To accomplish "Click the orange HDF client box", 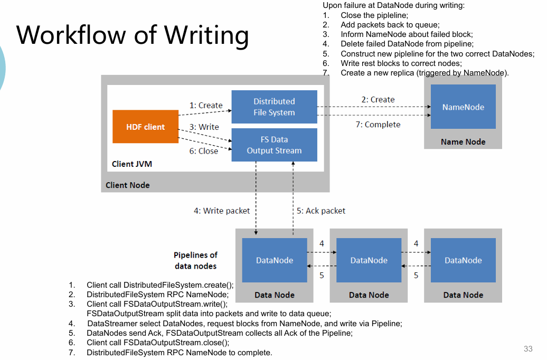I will pyautogui.click(x=145, y=127).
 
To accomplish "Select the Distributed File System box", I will pyautogui.click(x=274, y=107).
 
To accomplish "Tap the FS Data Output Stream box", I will pyautogui.click(x=274, y=145).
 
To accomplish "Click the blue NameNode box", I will pyautogui.click(x=463, y=107).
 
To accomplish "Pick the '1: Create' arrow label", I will pyautogui.click(x=206, y=105).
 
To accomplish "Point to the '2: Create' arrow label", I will pyautogui.click(x=378, y=99).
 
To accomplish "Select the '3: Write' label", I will pyautogui.click(x=204, y=127).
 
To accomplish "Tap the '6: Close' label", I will pyautogui.click(x=204, y=151).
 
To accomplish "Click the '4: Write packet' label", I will pyautogui.click(x=222, y=211).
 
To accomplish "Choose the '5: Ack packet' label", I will pyautogui.click(x=321, y=211).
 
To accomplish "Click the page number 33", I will pyautogui.click(x=528, y=348).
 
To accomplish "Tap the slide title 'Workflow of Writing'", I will pyautogui.click(x=133, y=35).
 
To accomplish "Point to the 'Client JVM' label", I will pyautogui.click(x=132, y=164).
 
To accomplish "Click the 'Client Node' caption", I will pyautogui.click(x=127, y=185).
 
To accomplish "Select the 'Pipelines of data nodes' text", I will pyautogui.click(x=195, y=260).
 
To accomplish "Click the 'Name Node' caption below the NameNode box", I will pyautogui.click(x=463, y=141).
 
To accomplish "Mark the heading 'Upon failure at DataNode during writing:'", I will pyautogui.click(x=393, y=5).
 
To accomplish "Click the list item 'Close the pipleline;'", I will pyautogui.click(x=374, y=15).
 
